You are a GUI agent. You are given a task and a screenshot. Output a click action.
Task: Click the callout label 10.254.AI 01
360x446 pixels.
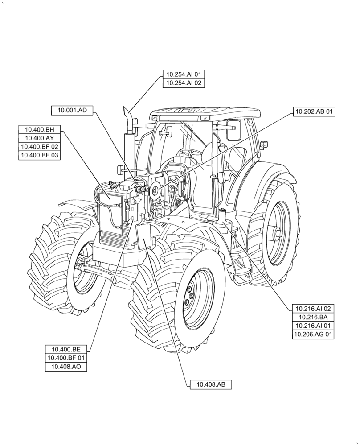point(184,74)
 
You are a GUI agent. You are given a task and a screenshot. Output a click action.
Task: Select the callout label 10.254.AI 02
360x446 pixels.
point(184,83)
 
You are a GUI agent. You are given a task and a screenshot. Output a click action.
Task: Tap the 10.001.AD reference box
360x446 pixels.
point(72,110)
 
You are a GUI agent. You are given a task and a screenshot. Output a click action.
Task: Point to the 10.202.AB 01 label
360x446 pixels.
point(314,111)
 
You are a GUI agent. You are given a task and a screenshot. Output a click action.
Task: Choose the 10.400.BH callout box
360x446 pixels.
point(39,129)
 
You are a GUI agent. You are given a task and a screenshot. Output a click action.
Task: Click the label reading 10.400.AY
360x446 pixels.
point(39,138)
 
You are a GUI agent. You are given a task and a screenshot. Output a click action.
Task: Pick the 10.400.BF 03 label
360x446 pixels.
point(39,155)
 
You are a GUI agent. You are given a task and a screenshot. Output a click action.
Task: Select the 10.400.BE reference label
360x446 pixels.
point(66,349)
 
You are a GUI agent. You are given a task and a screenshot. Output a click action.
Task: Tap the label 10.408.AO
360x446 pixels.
point(66,367)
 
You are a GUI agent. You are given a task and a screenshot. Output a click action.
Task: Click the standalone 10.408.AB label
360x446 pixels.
point(211,384)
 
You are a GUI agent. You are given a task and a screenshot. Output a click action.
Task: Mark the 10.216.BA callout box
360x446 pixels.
point(313,317)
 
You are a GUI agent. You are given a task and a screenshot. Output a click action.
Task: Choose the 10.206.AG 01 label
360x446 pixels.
point(313,334)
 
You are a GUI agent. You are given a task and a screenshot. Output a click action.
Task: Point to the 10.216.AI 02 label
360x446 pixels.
point(313,308)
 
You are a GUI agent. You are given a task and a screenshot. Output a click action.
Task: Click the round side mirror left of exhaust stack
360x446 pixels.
point(120,169)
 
